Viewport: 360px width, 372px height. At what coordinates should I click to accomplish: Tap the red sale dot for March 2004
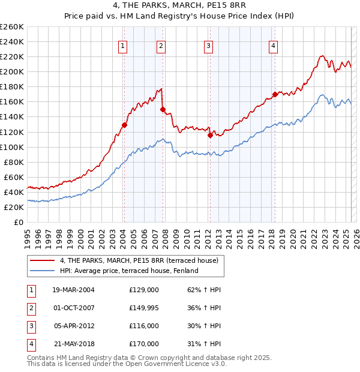pyautogui.click(x=124, y=125)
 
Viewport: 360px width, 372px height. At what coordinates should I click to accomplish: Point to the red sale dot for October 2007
pyautogui.click(x=163, y=109)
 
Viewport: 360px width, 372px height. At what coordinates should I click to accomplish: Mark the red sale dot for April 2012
pyautogui.click(x=210, y=135)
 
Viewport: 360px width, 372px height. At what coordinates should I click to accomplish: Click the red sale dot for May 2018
pyautogui.click(x=275, y=94)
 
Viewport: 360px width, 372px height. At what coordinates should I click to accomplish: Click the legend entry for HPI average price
pyautogui.click(x=128, y=271)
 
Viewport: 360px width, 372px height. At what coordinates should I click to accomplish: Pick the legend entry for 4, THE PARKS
pyautogui.click(x=142, y=260)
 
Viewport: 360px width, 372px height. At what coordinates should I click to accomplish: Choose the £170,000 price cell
pyautogui.click(x=144, y=344)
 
